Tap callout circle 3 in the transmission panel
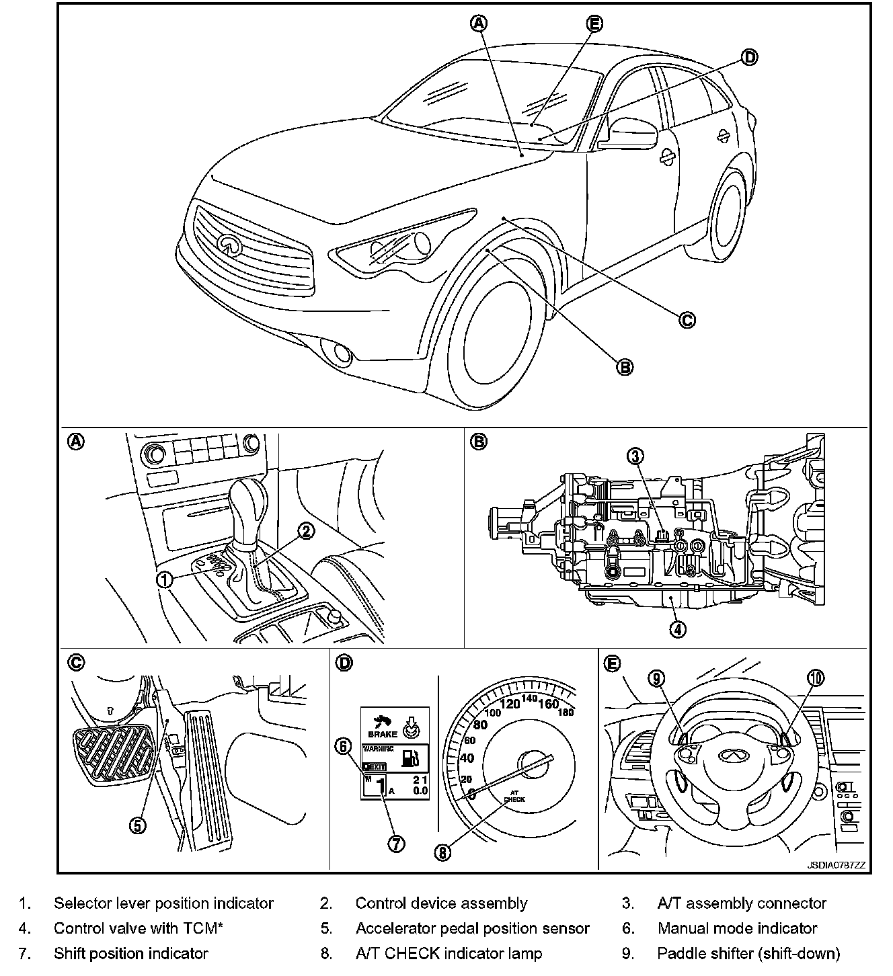635,456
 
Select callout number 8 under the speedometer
442,852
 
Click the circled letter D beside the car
749,58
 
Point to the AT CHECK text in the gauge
514,796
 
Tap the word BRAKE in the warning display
383,734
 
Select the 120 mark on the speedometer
511,704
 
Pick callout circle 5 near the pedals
137,825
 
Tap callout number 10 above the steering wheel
815,678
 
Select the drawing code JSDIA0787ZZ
837,865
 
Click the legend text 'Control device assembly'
441,903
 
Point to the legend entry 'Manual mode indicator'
737,928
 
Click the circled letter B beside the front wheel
625,366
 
